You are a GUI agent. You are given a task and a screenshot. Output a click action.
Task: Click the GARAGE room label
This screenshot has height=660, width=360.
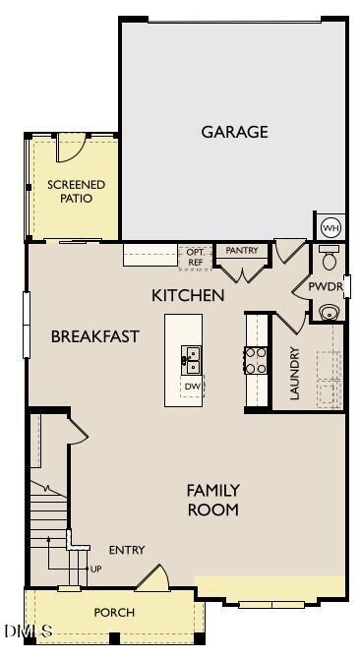[x=234, y=132]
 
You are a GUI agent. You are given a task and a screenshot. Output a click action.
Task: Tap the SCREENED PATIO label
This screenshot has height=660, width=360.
[x=76, y=192]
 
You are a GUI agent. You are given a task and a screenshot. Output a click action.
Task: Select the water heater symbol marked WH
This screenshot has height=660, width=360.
[x=331, y=227]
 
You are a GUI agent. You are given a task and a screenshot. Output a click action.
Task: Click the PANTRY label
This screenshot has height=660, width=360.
[x=241, y=251]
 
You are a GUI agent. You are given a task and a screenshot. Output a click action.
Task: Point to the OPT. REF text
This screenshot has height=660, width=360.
[x=195, y=258]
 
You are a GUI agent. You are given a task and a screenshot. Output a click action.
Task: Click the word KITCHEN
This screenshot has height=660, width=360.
[x=188, y=295]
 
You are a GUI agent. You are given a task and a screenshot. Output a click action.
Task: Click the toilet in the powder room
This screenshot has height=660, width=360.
[x=330, y=260]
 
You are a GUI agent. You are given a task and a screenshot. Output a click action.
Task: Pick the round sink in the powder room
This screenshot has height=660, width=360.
[x=330, y=312]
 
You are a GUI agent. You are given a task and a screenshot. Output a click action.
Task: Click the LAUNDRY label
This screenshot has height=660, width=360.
[x=293, y=374]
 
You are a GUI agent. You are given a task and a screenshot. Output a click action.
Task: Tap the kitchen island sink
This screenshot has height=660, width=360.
[x=192, y=360]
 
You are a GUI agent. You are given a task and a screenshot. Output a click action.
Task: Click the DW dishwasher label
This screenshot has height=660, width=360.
[x=193, y=387]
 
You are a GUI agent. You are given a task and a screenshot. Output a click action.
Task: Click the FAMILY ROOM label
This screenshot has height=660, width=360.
[x=212, y=500]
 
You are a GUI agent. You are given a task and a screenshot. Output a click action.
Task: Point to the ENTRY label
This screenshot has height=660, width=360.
[x=127, y=550]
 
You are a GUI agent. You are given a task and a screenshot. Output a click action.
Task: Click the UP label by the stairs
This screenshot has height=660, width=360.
[x=95, y=569]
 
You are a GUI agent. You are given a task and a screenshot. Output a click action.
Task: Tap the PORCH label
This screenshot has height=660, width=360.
[x=114, y=613]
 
